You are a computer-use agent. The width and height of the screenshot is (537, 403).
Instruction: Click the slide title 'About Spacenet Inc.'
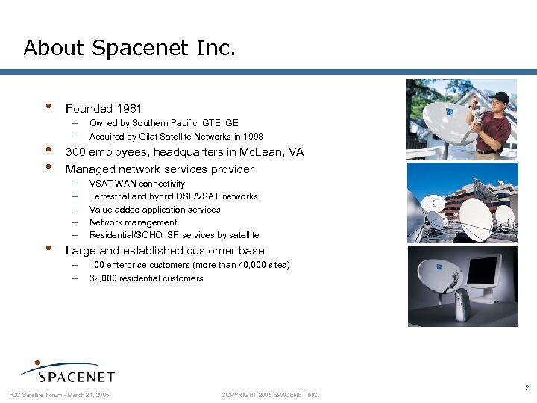point(130,49)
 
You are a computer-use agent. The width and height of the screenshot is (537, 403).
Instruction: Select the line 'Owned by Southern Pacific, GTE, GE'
point(163,123)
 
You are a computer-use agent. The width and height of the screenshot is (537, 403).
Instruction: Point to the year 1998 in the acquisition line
point(253,137)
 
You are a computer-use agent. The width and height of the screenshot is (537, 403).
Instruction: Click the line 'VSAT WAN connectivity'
point(137,184)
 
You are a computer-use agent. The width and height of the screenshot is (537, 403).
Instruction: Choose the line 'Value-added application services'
point(154,210)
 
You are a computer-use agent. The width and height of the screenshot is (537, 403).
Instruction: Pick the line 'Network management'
point(133,222)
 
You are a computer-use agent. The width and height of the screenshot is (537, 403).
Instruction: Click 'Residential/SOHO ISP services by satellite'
point(174,235)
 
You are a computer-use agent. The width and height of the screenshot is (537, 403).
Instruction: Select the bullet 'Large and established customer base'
point(165,251)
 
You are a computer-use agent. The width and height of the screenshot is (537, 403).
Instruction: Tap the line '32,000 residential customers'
point(146,278)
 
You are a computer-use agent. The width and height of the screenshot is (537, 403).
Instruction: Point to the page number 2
point(527,387)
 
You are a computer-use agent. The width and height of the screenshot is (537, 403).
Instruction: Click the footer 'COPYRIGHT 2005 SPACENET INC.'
point(270,395)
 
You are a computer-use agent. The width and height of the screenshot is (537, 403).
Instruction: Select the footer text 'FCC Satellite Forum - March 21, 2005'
point(59,395)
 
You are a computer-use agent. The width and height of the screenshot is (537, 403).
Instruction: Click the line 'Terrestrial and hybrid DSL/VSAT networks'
point(173,196)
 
